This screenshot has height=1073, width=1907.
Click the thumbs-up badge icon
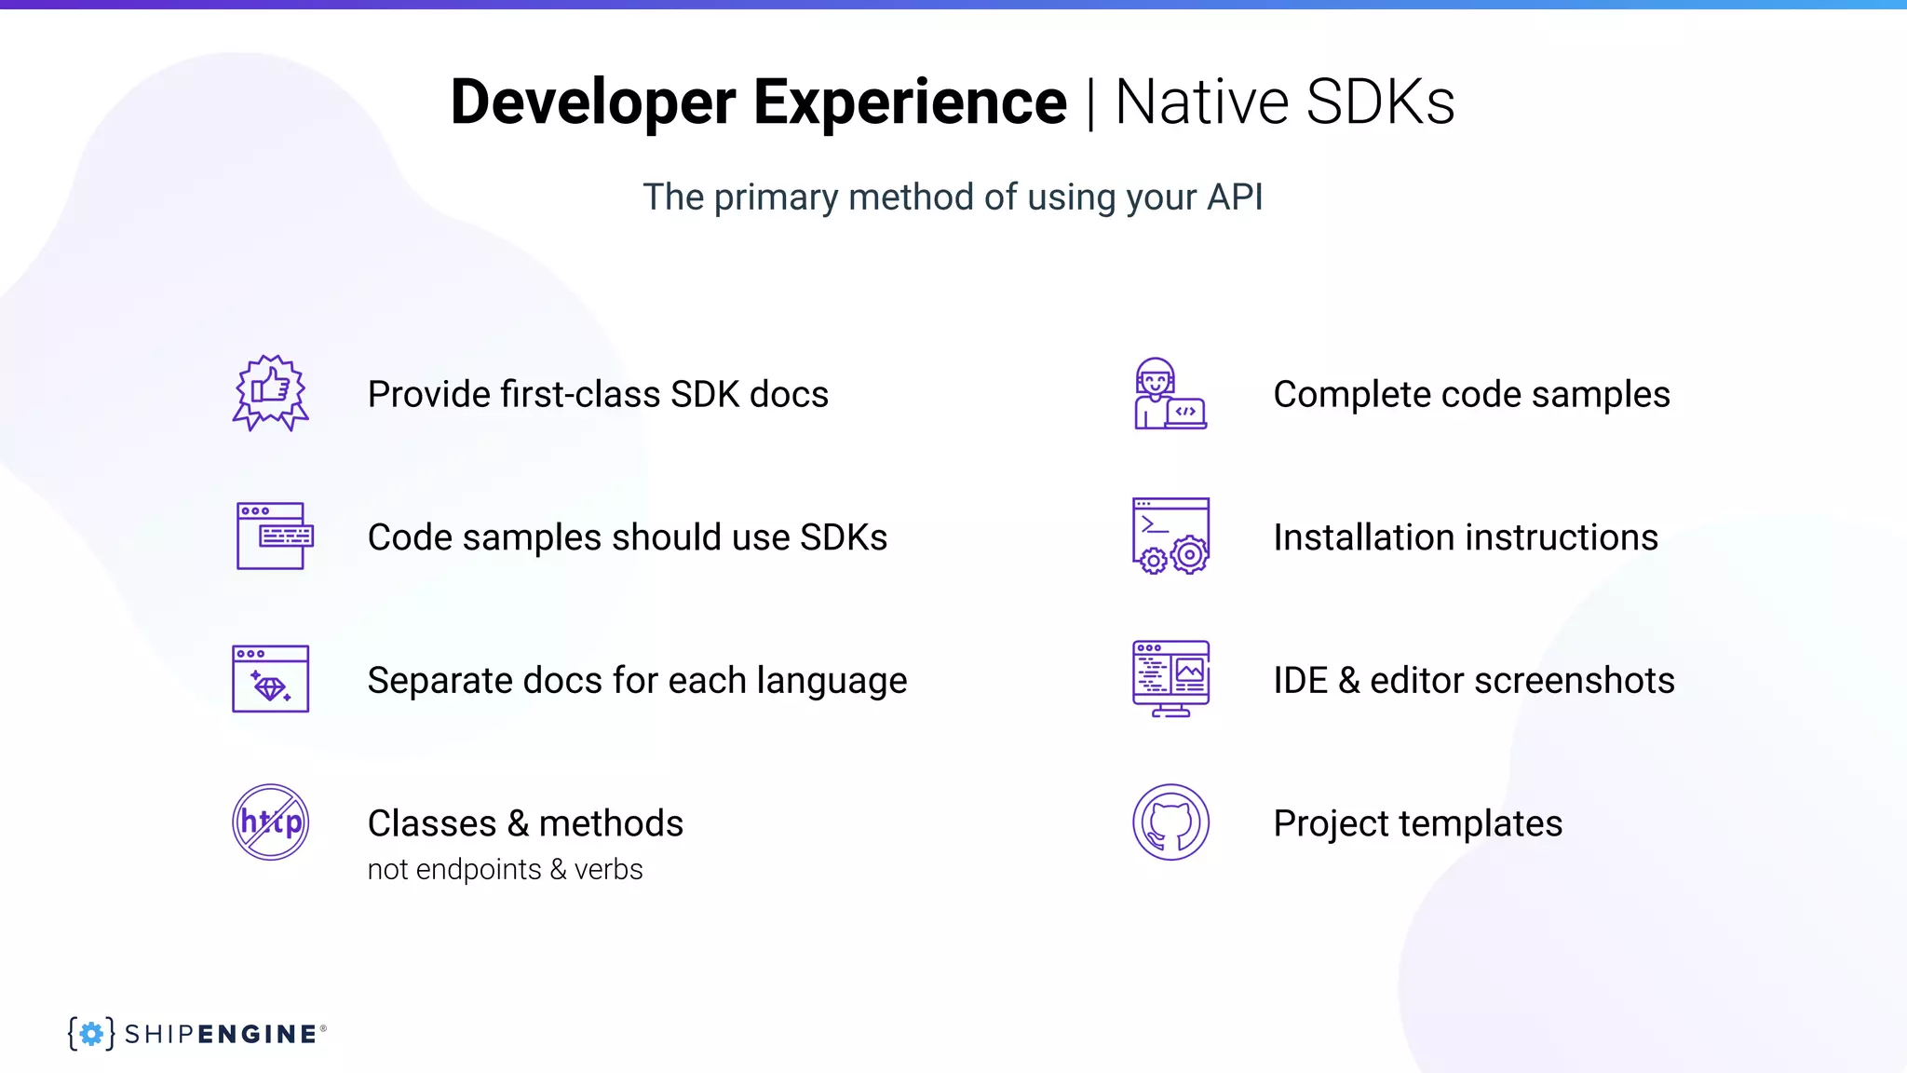(x=270, y=392)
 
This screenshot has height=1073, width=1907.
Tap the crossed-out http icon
(x=270, y=822)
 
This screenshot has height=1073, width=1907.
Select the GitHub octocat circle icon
(x=1170, y=822)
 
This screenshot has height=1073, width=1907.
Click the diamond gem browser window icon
(x=270, y=679)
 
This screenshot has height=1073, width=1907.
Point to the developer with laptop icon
(x=1170, y=393)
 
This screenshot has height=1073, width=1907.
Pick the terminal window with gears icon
(x=1170, y=536)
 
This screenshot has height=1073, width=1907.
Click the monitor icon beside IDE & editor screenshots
(x=1170, y=678)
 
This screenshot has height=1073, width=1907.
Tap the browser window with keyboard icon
(x=274, y=536)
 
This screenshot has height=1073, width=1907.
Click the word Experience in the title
(x=910, y=102)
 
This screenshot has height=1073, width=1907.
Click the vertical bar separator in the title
(x=1090, y=103)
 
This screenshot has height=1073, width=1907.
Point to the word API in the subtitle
(x=1234, y=197)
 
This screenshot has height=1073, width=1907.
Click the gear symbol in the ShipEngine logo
(x=91, y=1033)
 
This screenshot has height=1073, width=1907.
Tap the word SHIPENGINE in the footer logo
(x=221, y=1034)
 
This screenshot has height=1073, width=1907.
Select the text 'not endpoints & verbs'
(x=505, y=869)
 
